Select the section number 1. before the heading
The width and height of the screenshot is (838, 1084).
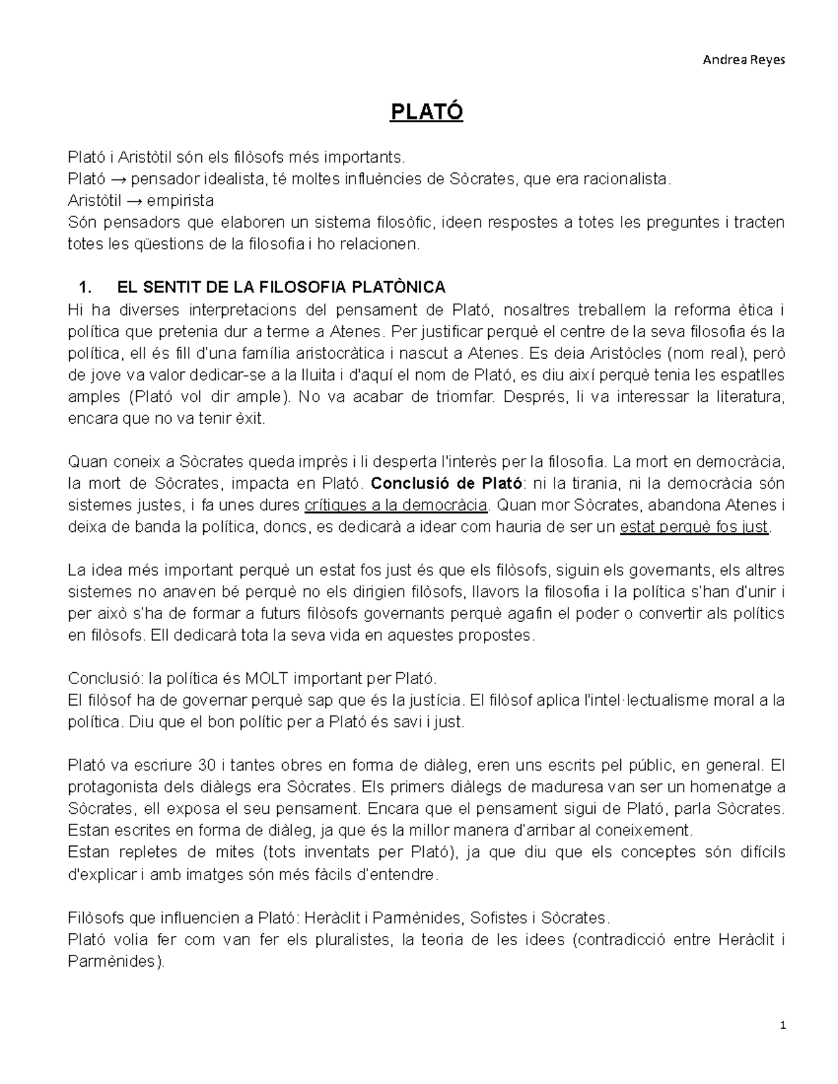click(86, 288)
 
